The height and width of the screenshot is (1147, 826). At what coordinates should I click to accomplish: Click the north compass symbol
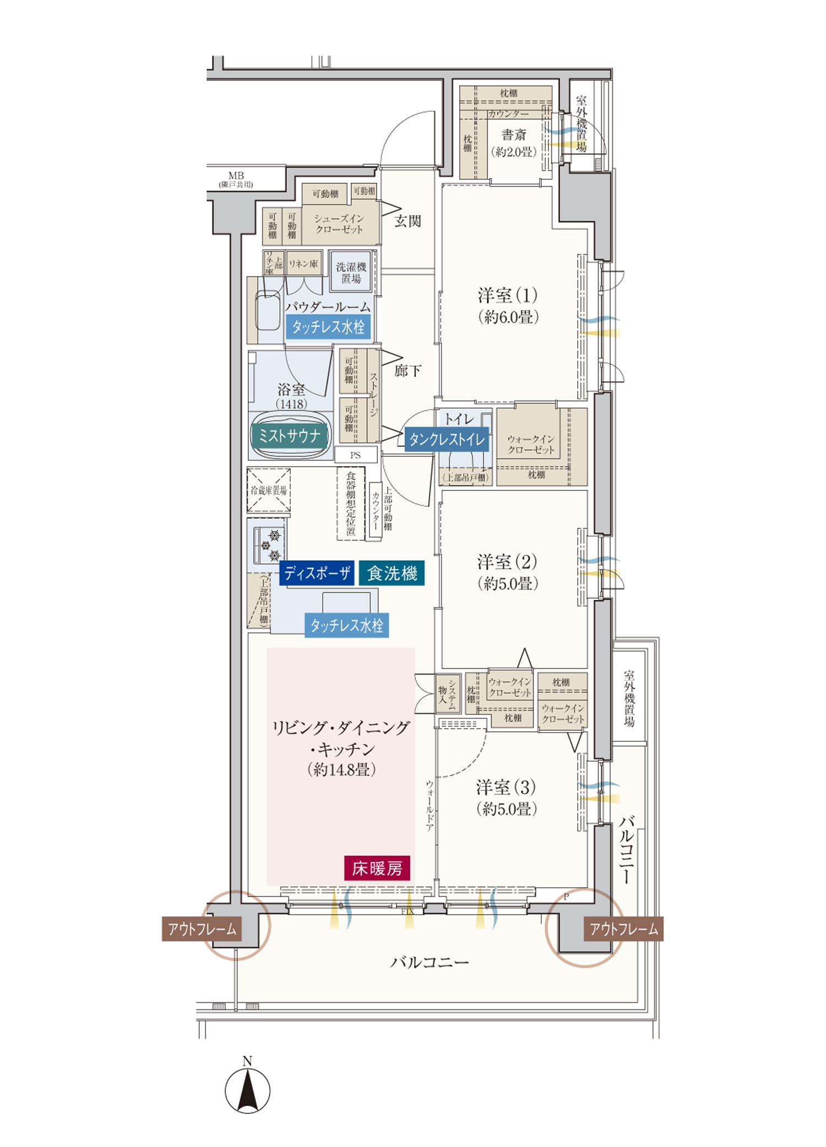point(247,1090)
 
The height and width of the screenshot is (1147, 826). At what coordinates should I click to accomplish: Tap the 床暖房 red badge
point(377,868)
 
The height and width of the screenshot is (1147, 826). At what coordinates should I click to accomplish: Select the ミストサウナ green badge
point(290,436)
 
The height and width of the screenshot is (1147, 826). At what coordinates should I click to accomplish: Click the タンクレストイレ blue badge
point(447,439)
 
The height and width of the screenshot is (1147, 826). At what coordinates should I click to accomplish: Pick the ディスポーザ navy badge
point(317,573)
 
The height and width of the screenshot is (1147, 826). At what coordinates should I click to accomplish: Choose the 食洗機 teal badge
point(392,573)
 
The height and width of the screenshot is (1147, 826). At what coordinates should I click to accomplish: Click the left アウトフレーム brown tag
point(202,929)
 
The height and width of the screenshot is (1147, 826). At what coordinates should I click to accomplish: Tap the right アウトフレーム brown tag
point(623,929)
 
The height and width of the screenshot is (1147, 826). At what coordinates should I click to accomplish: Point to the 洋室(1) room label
point(508,296)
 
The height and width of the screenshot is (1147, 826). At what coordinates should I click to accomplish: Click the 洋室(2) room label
point(507,562)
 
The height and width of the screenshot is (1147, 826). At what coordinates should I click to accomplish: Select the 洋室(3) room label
point(506,788)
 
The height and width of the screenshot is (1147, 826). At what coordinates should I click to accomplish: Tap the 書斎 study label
point(514,135)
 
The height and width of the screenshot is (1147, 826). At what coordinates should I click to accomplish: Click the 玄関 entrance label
point(407,221)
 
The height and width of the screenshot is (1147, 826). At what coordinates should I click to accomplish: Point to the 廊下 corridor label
point(407,370)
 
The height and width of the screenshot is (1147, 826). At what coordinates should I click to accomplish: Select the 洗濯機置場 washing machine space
point(351,272)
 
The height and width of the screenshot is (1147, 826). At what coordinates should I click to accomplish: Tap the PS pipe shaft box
point(356,455)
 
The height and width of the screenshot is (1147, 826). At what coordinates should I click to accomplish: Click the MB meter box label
point(236,176)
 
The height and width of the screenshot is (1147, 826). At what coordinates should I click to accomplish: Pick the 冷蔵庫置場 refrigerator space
point(269,490)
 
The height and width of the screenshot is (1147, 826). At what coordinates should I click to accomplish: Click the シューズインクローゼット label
point(339,223)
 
